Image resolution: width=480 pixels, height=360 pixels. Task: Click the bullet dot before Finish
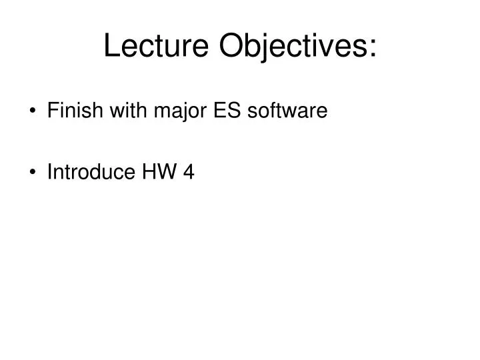[x=33, y=111]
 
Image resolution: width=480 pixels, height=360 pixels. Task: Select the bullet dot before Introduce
[x=33, y=173]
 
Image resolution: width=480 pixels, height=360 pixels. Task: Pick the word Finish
[x=70, y=111]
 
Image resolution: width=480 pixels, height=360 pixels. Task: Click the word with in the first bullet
[x=117, y=111]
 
